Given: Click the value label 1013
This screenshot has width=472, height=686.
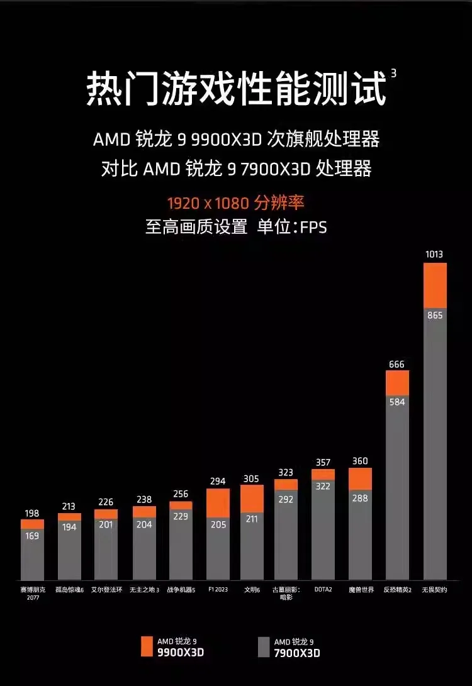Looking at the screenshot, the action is [434, 254].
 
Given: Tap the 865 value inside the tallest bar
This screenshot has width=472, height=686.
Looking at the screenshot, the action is [435, 315].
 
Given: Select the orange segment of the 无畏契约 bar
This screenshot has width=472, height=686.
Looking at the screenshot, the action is [435, 285].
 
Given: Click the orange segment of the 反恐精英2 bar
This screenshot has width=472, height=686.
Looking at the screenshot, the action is [397, 383].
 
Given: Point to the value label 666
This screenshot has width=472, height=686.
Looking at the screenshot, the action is [396, 364].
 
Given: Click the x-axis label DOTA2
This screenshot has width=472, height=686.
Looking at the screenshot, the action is [323, 589].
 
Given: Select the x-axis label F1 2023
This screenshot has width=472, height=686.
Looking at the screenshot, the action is [218, 589].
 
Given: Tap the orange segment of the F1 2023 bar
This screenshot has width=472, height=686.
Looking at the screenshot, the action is [218, 503].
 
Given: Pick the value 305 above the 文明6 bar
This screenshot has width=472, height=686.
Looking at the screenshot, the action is [251, 479].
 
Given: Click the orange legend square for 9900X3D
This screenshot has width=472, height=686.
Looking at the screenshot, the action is [147, 646].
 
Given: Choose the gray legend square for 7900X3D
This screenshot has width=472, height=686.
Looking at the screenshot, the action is [264, 646].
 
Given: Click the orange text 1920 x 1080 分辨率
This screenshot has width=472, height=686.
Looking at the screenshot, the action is [235, 203].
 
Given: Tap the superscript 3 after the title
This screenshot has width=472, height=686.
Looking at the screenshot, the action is [393, 73].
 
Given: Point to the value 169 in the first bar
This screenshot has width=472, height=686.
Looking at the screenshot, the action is [32, 536].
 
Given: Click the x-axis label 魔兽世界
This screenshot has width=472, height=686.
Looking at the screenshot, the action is [361, 589].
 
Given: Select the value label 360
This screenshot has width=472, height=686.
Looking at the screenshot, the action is [360, 461].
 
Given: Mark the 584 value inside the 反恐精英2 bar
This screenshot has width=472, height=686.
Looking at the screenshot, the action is [397, 402].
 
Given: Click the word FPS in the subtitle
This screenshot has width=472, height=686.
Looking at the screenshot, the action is [313, 227].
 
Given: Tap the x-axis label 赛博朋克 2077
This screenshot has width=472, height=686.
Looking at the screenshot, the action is [33, 593].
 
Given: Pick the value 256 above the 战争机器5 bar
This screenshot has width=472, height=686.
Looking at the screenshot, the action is [181, 494].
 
